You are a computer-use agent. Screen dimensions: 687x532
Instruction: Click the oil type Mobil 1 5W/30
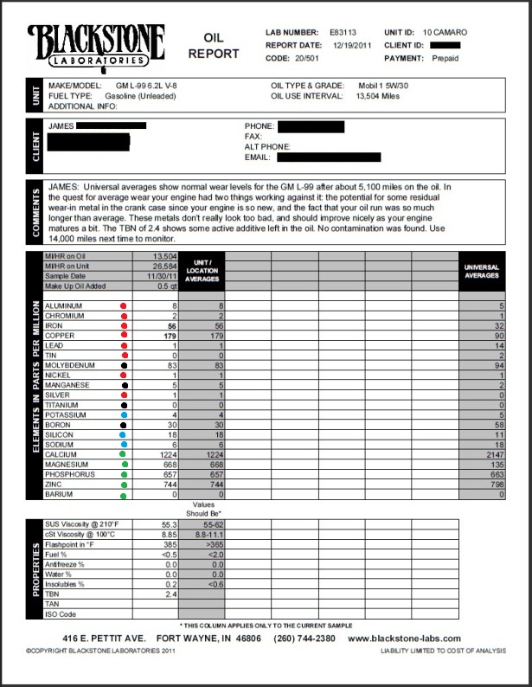[x=387, y=87]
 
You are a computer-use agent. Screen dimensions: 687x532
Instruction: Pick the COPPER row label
[x=60, y=336]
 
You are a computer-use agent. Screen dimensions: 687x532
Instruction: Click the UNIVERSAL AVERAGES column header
[x=482, y=270]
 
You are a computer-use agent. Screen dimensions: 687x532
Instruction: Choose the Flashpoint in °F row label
[x=72, y=544]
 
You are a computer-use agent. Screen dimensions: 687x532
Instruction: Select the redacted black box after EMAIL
[x=329, y=157]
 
